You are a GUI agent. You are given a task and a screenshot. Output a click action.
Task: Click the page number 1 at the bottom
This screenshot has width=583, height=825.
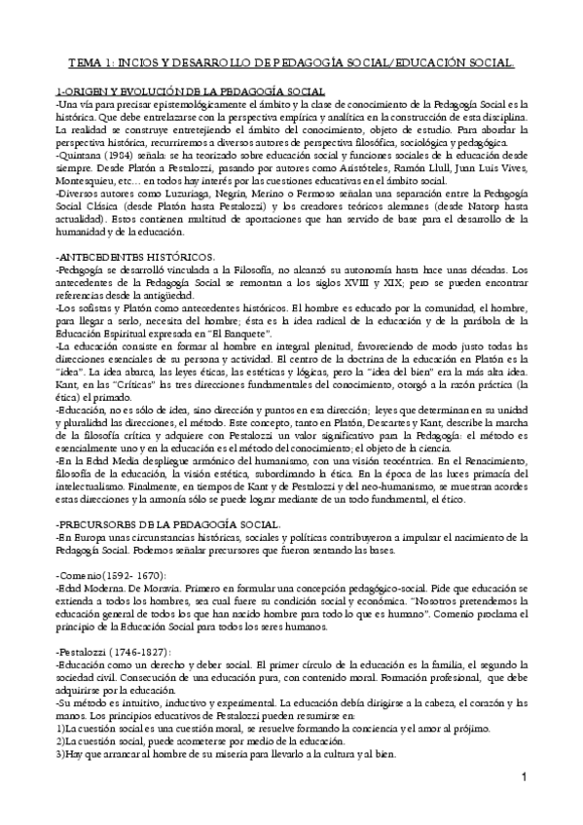(x=524, y=776)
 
